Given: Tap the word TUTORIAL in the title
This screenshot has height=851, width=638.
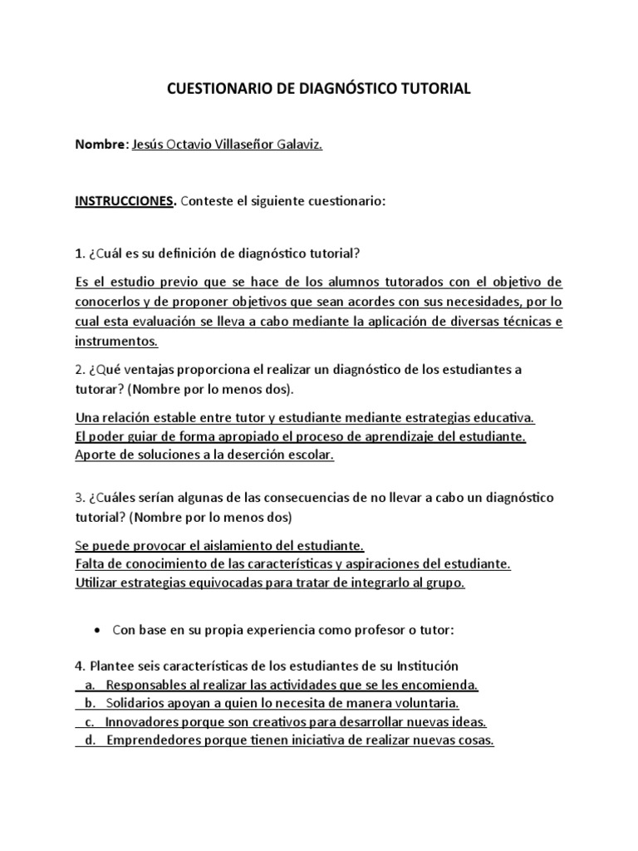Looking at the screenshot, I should (x=436, y=88).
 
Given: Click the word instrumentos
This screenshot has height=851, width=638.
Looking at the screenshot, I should (x=115, y=341).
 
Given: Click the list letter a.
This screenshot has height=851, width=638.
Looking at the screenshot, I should (x=89, y=685).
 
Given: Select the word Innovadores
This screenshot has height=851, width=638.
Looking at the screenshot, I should (x=143, y=721).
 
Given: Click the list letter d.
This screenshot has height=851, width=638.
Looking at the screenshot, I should (x=89, y=740).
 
